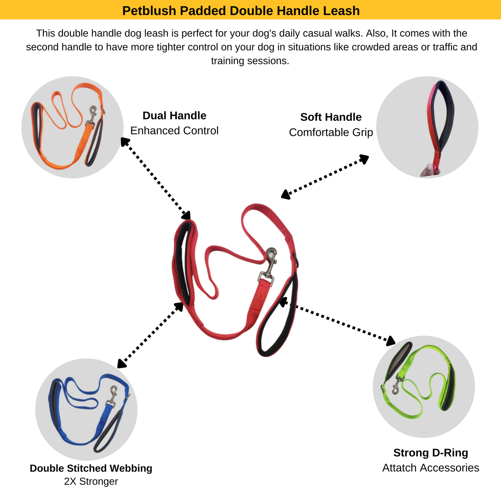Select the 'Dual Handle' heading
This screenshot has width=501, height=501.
click(174, 115)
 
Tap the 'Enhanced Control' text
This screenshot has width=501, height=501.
click(174, 131)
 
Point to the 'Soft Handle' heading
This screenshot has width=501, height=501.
click(331, 117)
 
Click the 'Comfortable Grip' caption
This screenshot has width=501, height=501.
click(331, 132)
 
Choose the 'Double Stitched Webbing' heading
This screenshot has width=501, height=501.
click(91, 468)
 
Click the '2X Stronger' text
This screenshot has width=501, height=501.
click(91, 482)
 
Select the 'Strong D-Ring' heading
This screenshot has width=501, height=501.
click(431, 453)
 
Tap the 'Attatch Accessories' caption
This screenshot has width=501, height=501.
click(431, 468)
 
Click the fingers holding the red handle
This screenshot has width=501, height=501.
click(429, 170)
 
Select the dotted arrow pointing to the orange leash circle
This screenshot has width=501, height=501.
click(156, 179)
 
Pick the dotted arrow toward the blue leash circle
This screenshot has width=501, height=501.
click(150, 335)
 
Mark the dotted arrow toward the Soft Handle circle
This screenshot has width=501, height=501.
click(325, 176)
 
